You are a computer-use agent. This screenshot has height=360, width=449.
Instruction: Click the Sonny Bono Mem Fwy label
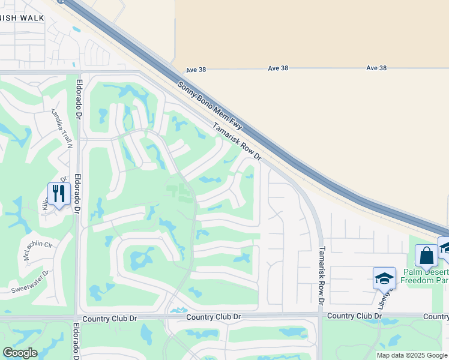click(x=210, y=105)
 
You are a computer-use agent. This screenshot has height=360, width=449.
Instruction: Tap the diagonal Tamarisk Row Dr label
click(x=237, y=142)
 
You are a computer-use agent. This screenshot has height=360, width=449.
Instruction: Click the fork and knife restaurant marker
click(x=59, y=193)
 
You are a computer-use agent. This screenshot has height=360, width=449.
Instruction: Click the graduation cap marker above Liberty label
click(x=384, y=277)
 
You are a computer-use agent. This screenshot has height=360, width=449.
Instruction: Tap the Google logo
click(x=20, y=353)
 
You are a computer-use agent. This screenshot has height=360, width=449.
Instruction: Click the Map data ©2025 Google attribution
click(x=412, y=355)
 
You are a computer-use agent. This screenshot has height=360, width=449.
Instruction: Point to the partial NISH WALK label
click(x=22, y=18)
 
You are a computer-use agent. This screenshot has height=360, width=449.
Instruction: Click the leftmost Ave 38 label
click(x=196, y=70)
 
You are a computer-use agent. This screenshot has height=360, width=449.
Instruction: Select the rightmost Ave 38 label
click(x=376, y=68)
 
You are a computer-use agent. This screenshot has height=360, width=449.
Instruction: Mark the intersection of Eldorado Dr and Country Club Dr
click(x=77, y=317)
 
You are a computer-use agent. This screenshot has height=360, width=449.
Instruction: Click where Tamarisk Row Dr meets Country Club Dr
click(x=319, y=315)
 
